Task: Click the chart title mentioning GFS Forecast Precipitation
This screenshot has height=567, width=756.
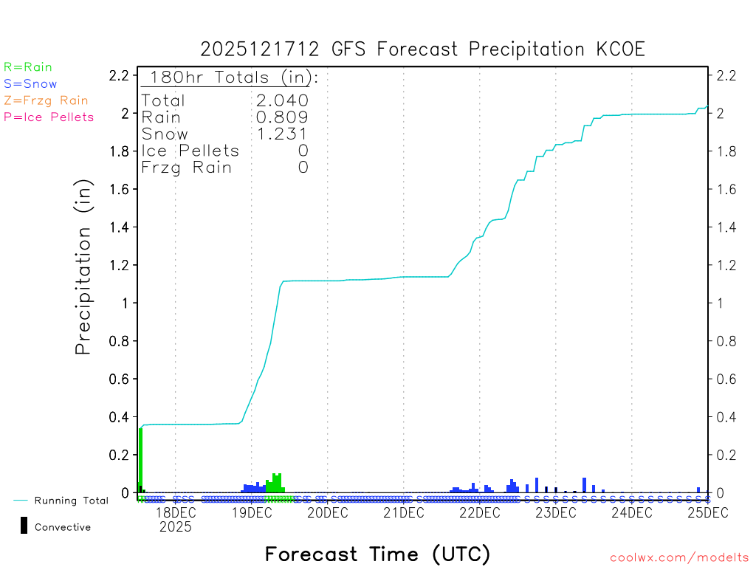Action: pos(423,49)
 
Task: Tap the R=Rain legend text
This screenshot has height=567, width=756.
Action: pos(28,67)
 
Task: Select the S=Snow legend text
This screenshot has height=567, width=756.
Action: pos(30,84)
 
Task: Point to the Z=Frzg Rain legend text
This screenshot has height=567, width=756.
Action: pos(46,100)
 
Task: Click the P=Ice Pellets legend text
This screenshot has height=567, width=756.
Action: pos(49,117)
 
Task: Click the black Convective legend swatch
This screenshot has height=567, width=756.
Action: pos(24,526)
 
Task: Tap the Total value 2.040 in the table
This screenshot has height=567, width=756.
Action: pos(282,100)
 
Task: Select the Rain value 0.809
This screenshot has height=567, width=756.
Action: pos(282,117)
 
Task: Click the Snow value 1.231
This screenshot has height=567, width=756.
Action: pos(282,134)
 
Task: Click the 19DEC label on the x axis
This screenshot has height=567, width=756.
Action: pos(252,512)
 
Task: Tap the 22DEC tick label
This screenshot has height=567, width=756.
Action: pos(480,512)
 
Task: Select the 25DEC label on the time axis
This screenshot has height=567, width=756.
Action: pos(708,512)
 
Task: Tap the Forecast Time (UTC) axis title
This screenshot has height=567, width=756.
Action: pos(377,554)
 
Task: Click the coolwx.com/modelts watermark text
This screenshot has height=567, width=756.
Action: pos(679,558)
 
